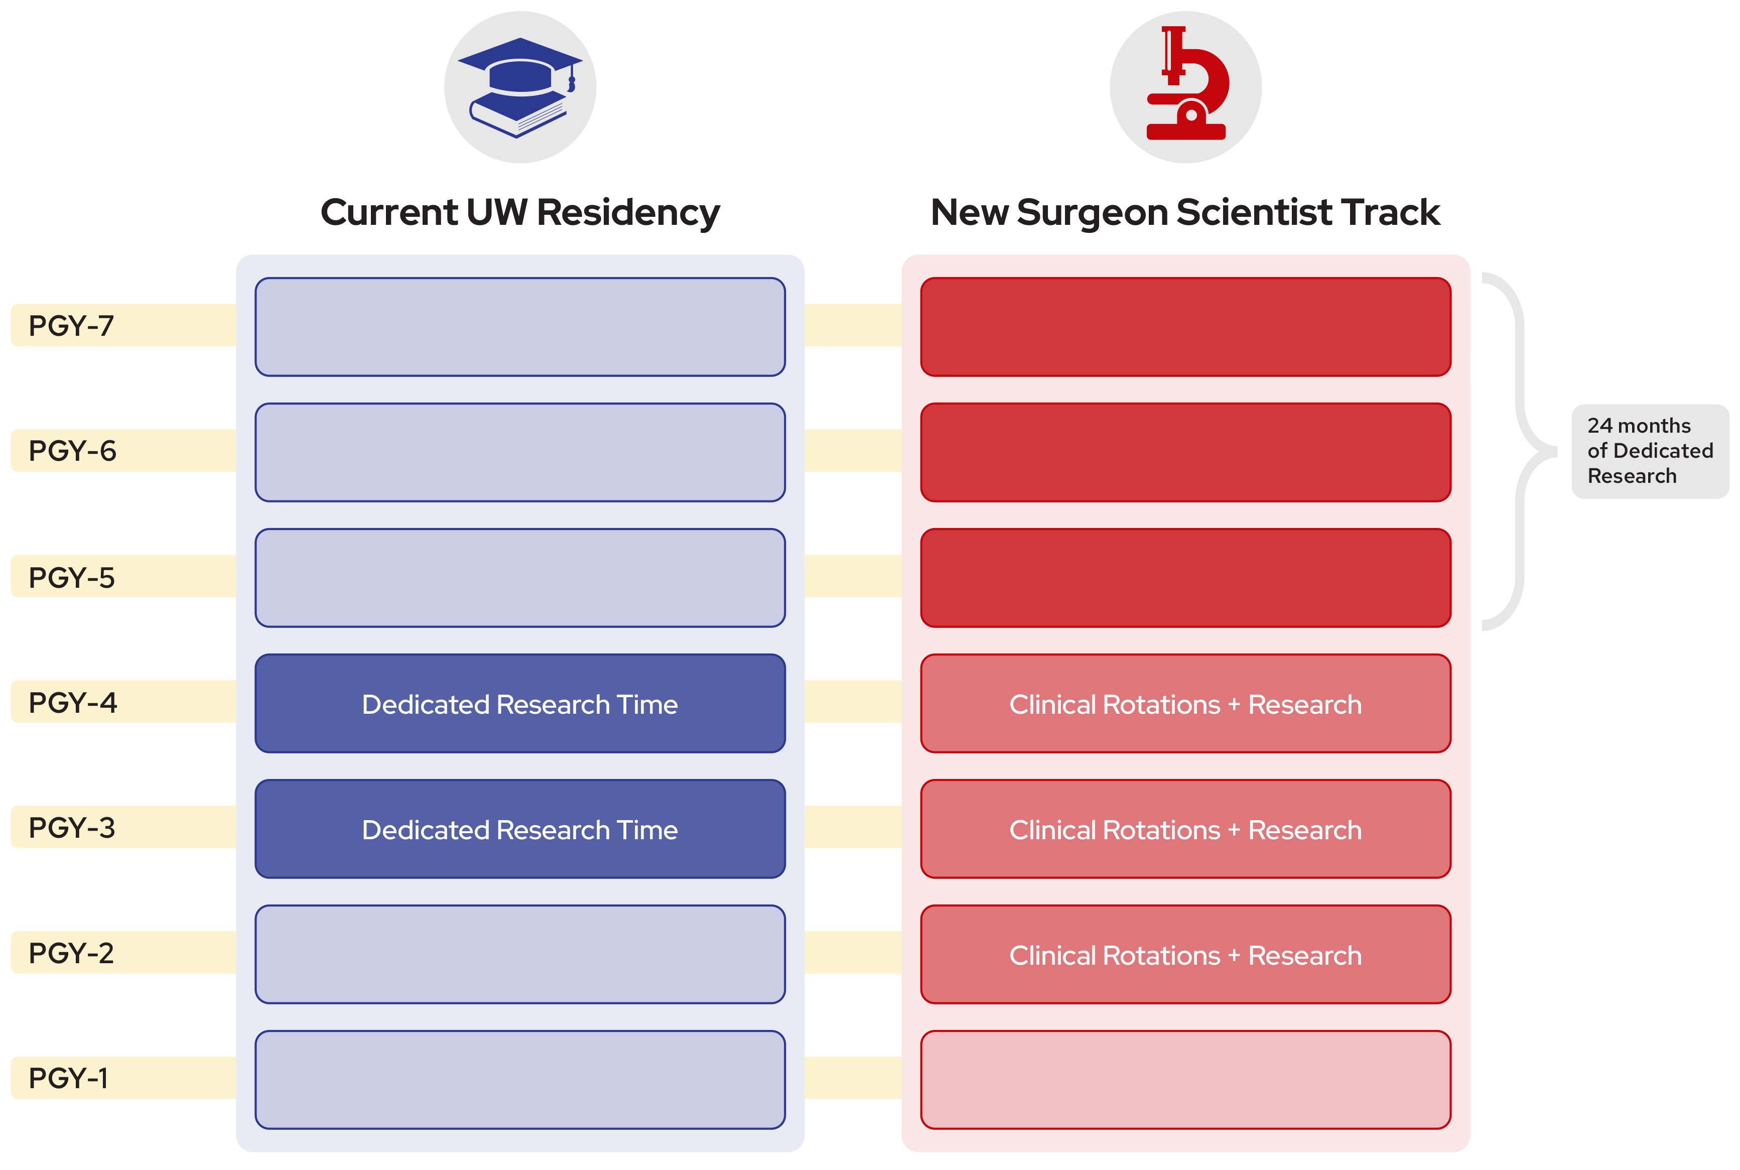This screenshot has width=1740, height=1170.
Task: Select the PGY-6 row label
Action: [72, 451]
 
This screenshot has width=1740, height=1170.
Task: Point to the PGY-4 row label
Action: [72, 702]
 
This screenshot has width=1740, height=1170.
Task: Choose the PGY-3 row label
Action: [72, 828]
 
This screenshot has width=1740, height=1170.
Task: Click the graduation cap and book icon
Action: [520, 87]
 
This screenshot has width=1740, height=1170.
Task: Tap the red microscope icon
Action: [1187, 83]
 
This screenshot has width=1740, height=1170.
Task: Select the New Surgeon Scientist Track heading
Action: [1185, 213]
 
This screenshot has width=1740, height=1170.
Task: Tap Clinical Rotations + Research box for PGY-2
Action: [1185, 954]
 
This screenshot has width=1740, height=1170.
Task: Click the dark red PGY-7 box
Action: [1185, 327]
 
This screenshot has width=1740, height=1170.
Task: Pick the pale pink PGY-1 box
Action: [1185, 1079]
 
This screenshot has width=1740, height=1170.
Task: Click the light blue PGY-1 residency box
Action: [520, 1079]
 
